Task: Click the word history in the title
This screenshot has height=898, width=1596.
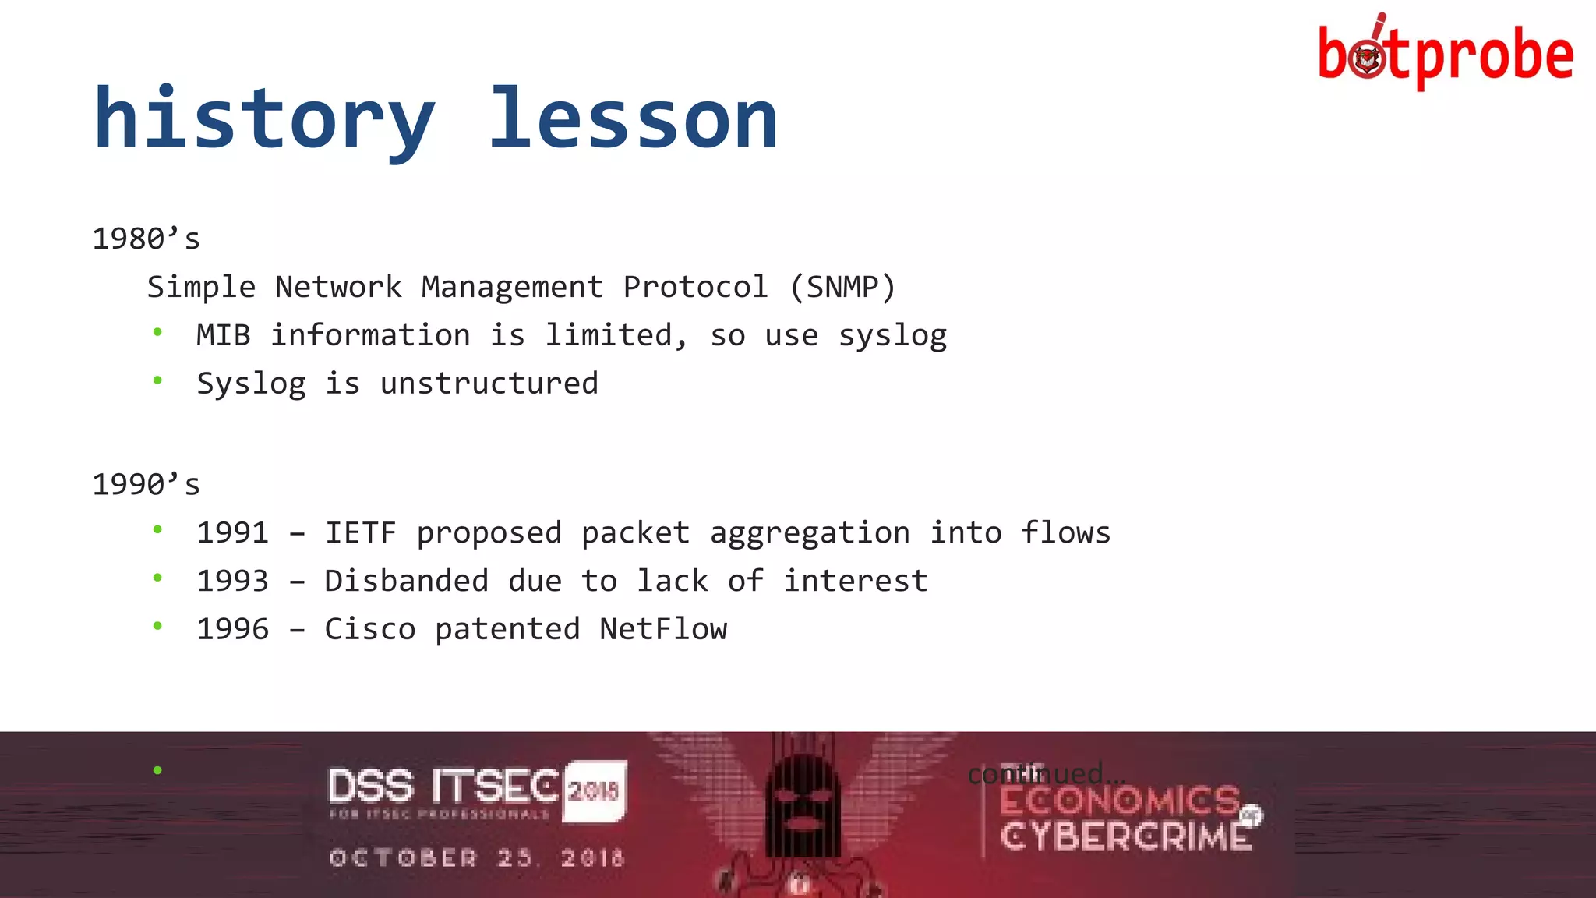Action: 263,118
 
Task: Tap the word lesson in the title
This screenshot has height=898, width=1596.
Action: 632,118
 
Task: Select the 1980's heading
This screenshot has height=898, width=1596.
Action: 146,239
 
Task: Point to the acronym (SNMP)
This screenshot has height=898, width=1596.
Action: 842,287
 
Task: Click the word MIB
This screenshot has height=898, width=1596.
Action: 223,335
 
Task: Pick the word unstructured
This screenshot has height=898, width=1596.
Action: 489,384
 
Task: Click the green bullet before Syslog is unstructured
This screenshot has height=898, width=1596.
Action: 157,380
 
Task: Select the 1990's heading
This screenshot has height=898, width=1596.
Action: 146,484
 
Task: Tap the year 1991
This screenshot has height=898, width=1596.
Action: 232,532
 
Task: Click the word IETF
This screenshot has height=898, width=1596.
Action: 360,532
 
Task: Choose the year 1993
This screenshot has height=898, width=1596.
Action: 232,581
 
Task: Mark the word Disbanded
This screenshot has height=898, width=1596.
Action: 406,581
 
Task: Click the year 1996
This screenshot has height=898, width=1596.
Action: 232,629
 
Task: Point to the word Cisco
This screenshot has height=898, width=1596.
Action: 369,629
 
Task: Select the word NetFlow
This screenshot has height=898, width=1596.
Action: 662,629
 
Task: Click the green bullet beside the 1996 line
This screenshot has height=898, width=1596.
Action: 157,626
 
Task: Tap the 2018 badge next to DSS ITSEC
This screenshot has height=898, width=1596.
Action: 594,790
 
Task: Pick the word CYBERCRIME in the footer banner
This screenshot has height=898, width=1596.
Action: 1125,837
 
